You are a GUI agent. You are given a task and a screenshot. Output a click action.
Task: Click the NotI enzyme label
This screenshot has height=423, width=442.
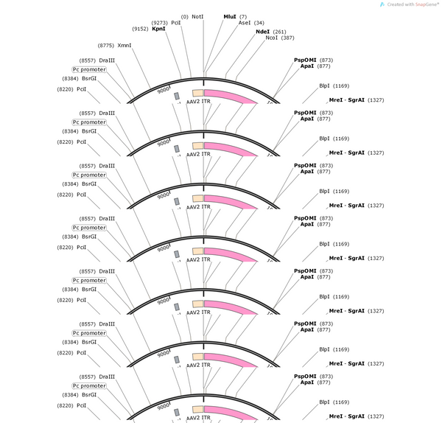pyautogui.click(x=197, y=17)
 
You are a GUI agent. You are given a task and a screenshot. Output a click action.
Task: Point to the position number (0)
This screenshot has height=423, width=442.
pyautogui.click(x=185, y=17)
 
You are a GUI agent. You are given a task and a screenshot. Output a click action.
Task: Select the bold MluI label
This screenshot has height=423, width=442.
pyautogui.click(x=230, y=17)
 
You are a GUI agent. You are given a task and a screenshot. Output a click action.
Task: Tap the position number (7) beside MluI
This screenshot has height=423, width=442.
pyautogui.click(x=243, y=17)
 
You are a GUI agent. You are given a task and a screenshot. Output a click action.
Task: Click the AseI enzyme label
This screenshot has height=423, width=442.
pyautogui.click(x=245, y=23)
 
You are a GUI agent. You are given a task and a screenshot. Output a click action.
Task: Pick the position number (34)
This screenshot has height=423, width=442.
pyautogui.click(x=259, y=23)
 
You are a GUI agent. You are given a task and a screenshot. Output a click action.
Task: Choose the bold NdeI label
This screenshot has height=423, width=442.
pyautogui.click(x=262, y=32)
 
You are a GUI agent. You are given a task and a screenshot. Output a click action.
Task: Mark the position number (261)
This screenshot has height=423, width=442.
pyautogui.click(x=279, y=32)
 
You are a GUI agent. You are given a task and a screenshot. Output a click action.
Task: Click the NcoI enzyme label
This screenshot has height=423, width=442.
pyautogui.click(x=271, y=38)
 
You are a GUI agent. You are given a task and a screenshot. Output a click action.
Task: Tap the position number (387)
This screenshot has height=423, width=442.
pyautogui.click(x=287, y=38)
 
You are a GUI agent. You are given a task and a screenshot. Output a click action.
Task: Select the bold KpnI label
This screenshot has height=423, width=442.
pyautogui.click(x=158, y=29)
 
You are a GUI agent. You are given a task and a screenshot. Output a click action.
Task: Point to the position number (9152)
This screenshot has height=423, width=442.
pyautogui.click(x=140, y=29)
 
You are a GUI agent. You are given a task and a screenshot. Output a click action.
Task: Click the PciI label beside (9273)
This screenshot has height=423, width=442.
pyautogui.click(x=176, y=23)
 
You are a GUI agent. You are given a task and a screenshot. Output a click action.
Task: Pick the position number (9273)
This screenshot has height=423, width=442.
pyautogui.click(x=160, y=23)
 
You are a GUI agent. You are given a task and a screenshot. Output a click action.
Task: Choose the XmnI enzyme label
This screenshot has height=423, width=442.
pyautogui.click(x=124, y=46)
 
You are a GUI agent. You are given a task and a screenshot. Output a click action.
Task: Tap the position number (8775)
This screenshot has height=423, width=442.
pyautogui.click(x=105, y=46)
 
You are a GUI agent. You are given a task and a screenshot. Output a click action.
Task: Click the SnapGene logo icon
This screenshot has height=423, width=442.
pyautogui.click(x=382, y=4)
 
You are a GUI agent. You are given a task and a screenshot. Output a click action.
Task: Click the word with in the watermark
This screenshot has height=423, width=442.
pyautogui.click(x=410, y=4)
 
